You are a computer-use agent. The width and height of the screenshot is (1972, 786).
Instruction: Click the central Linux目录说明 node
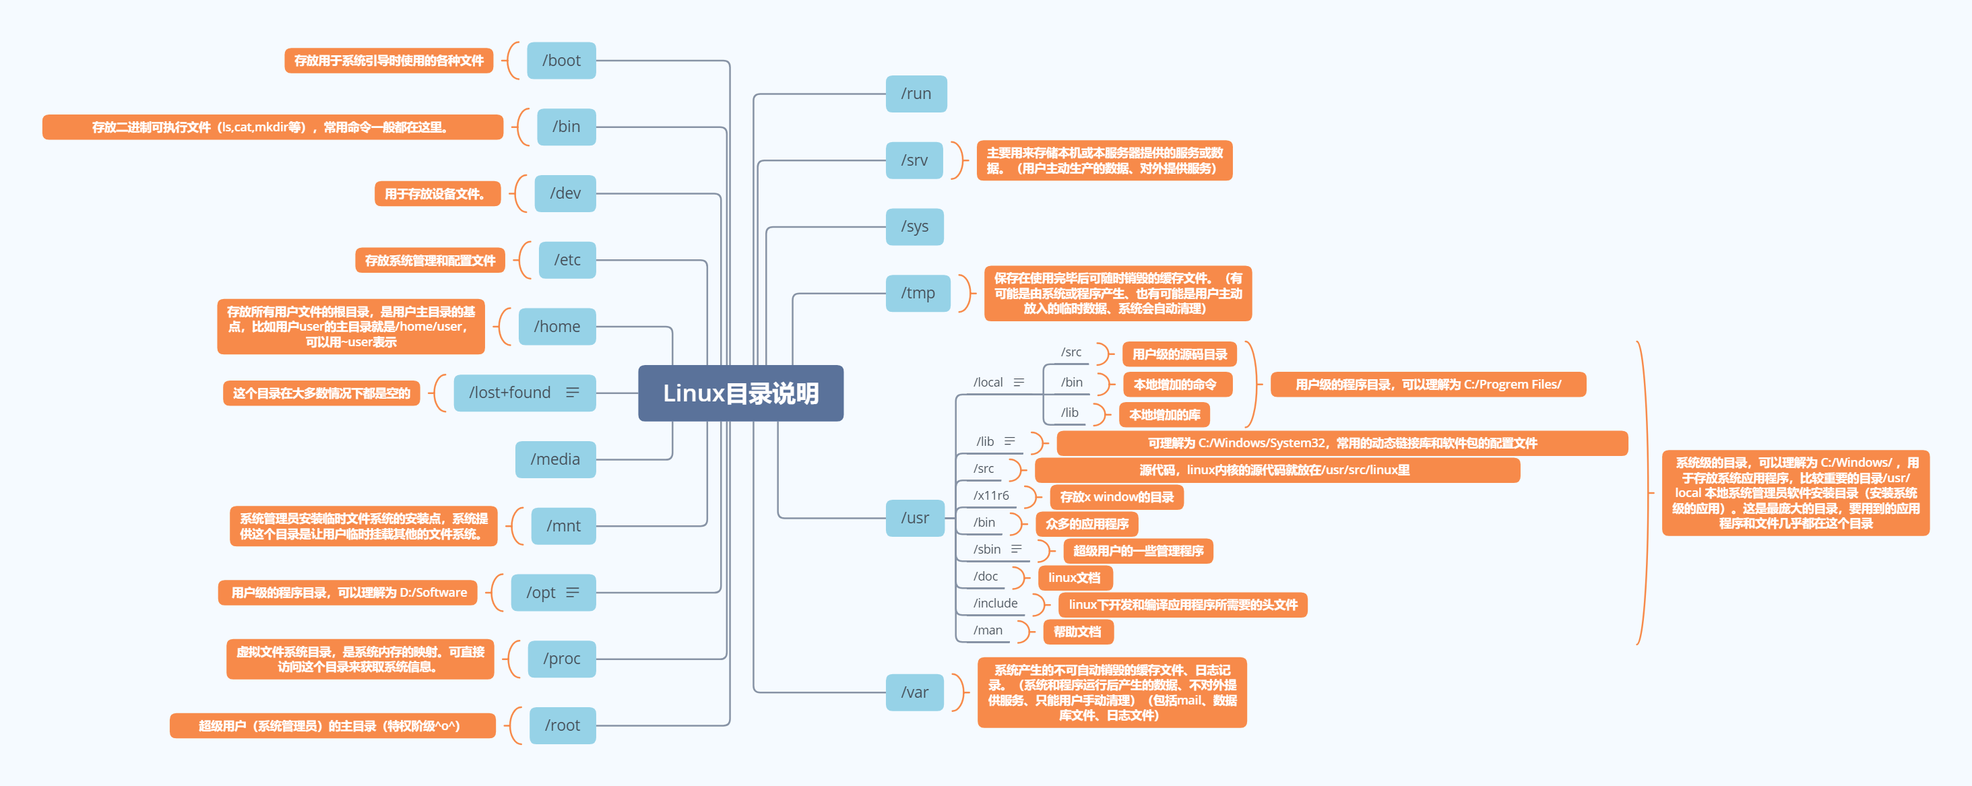click(x=740, y=393)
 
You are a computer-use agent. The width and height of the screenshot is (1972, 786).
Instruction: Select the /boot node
click(x=561, y=61)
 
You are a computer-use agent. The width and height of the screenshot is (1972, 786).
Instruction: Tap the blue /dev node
click(x=565, y=193)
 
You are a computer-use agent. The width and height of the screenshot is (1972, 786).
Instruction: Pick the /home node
click(x=556, y=326)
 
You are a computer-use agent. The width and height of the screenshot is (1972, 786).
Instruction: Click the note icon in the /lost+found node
click(x=572, y=393)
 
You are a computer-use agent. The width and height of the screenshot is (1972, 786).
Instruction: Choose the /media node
click(x=555, y=459)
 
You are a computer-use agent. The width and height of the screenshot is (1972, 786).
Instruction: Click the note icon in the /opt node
click(x=573, y=593)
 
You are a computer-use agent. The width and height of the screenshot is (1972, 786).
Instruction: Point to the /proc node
click(x=561, y=658)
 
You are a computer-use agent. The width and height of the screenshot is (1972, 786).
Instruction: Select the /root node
click(x=562, y=725)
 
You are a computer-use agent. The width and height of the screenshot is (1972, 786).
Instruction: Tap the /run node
click(x=916, y=94)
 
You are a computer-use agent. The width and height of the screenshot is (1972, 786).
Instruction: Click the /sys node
click(x=914, y=226)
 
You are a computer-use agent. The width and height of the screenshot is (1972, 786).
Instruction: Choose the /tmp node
click(x=917, y=293)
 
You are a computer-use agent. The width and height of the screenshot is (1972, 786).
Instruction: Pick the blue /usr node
click(x=915, y=518)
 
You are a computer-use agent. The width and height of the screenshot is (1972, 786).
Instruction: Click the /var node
click(x=914, y=692)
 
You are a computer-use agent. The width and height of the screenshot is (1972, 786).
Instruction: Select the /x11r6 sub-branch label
click(x=990, y=496)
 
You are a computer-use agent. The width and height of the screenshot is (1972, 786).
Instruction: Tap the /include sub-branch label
click(x=995, y=603)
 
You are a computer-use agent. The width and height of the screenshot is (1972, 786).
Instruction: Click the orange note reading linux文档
click(x=1074, y=578)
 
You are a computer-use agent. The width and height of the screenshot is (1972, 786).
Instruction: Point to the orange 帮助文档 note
click(x=1077, y=631)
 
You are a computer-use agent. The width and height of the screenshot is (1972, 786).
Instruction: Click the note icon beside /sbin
click(x=1017, y=549)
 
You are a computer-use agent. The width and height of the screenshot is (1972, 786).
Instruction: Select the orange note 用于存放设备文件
click(x=437, y=193)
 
